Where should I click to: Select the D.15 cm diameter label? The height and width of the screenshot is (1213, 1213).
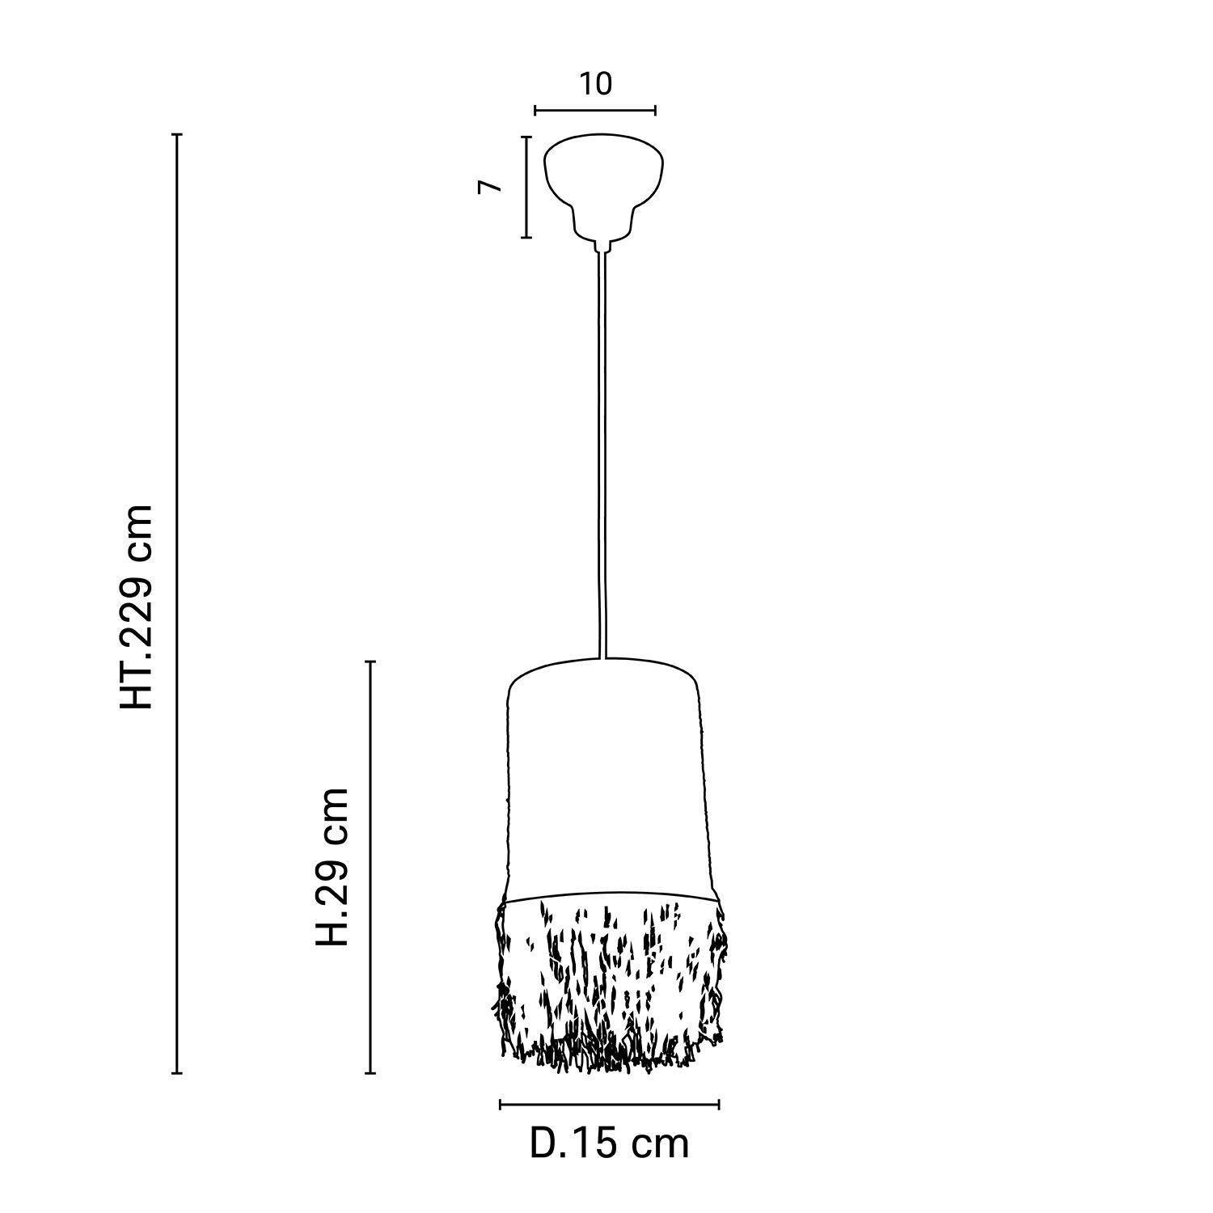[610, 1143]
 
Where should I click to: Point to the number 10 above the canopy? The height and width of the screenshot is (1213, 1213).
[595, 83]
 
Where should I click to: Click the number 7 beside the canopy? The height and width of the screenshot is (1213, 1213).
[490, 187]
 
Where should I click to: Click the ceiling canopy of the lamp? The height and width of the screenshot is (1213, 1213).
[603, 187]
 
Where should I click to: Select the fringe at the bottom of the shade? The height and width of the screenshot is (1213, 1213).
[609, 983]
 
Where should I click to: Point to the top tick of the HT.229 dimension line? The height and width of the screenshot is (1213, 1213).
[178, 134]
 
